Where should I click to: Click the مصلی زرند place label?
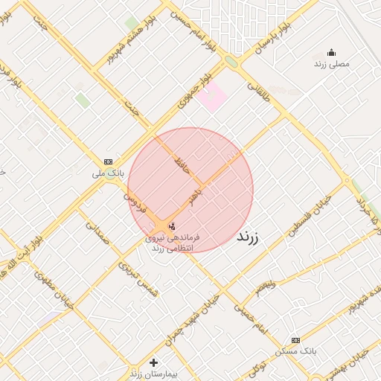pyautogui.click(x=333, y=64)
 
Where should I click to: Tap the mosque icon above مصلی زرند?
pyautogui.click(x=331, y=52)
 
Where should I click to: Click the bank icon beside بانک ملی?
pyautogui.click(x=109, y=161)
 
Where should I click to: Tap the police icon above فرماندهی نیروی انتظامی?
pyautogui.click(x=172, y=225)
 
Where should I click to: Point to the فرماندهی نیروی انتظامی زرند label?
pyautogui.click(x=172, y=242)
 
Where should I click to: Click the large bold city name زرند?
pyautogui.click(x=251, y=237)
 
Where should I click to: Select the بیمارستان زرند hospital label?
pyautogui.click(x=153, y=374)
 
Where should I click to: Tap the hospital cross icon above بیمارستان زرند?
pyautogui.click(x=153, y=362)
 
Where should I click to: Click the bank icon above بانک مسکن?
pyautogui.click(x=296, y=339)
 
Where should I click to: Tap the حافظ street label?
pyautogui.click(x=182, y=164)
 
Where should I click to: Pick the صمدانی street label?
pyautogui.click(x=97, y=234)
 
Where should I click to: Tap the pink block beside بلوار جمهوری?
pyautogui.click(x=211, y=98)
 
